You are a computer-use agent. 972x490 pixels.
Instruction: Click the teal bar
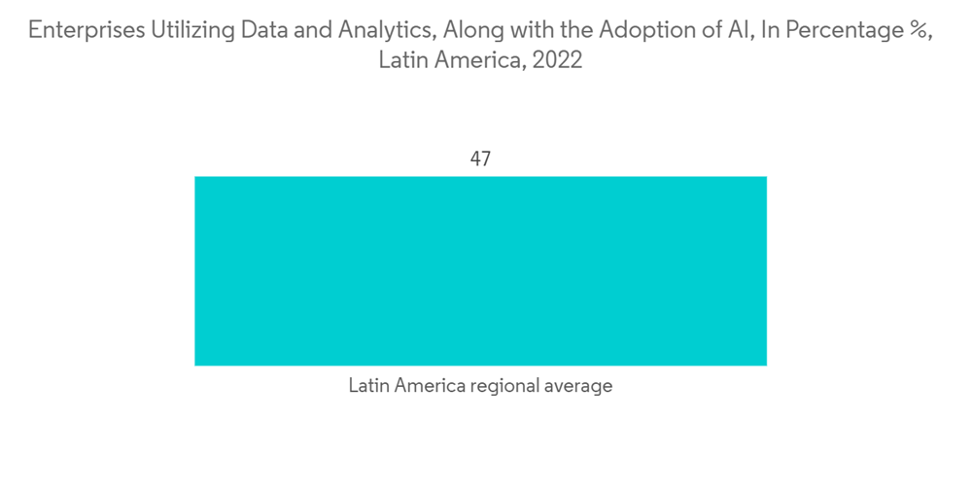(480, 270)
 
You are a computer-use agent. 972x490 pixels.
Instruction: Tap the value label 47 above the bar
(480, 158)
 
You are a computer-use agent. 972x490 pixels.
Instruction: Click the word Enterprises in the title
(87, 30)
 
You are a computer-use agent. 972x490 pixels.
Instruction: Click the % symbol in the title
(918, 30)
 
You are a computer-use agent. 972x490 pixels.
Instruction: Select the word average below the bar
(579, 386)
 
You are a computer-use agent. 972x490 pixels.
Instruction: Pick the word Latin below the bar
(368, 386)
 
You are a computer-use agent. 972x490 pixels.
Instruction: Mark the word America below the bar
(429, 386)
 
